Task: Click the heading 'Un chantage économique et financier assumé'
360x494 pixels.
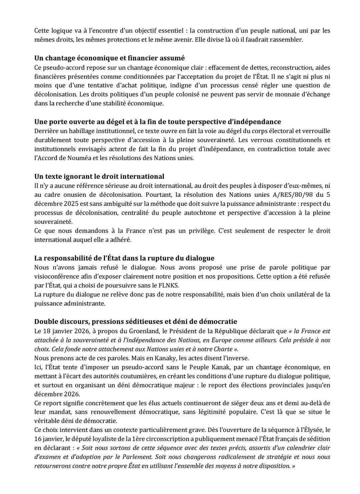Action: [110, 58]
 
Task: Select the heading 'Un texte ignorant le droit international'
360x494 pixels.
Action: [99, 176]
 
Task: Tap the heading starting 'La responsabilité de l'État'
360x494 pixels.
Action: [124, 258]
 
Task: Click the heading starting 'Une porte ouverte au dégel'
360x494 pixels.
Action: [157, 122]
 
